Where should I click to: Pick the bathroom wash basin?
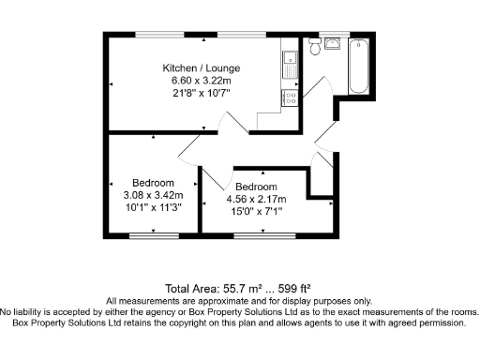click(334, 42)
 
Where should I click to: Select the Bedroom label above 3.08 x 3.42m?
click(153, 183)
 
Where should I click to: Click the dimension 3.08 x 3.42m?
click(153, 195)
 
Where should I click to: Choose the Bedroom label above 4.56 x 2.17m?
click(256, 187)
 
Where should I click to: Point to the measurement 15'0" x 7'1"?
click(256, 211)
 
